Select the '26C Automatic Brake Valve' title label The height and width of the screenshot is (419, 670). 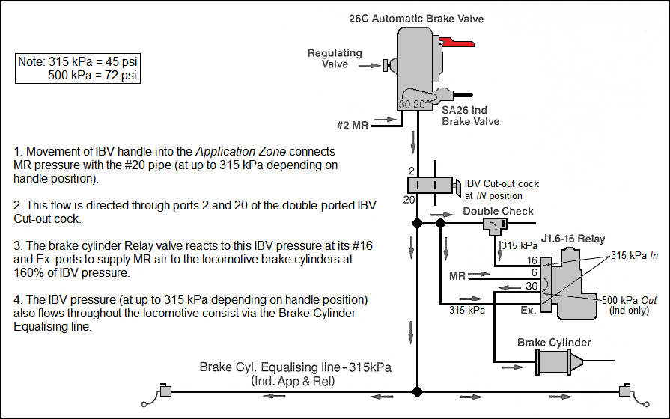coord(416,18)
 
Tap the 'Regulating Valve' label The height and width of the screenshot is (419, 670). coord(335,58)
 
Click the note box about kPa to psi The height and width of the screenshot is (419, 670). coord(79,67)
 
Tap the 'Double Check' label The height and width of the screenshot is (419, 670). coord(498,211)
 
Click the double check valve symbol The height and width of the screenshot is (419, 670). coord(494,224)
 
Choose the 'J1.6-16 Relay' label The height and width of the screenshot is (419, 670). coord(572,239)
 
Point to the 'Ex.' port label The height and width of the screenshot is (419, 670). coord(527,308)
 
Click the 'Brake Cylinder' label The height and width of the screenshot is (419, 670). coord(554,343)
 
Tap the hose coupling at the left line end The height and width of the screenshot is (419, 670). coord(165,391)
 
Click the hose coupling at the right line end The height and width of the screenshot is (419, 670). coord(624,391)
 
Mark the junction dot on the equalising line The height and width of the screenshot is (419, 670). coord(418,391)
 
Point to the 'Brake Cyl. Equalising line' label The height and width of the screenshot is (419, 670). coord(296,368)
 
